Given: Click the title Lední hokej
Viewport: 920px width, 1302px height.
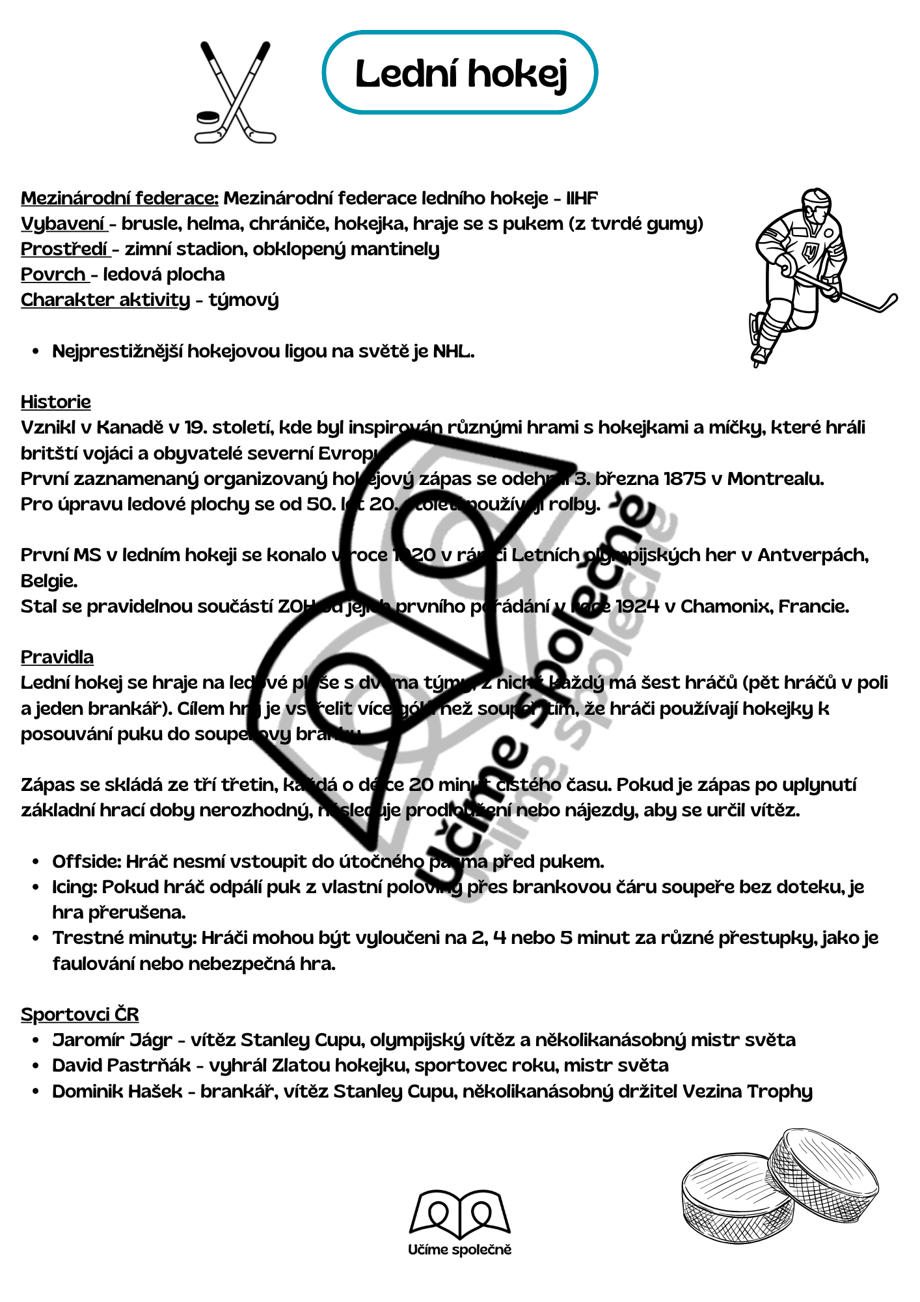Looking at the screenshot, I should point(461,73).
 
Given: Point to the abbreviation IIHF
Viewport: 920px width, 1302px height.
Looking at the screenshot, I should point(582,198).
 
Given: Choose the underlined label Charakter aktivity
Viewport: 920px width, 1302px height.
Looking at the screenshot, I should point(105,300).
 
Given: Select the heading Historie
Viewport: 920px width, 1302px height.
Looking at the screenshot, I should point(56,402).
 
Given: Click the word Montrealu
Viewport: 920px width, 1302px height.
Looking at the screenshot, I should point(775,479).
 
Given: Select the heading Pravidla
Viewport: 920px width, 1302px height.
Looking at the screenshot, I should point(57,658).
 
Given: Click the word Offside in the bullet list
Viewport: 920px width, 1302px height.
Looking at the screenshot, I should point(86,862).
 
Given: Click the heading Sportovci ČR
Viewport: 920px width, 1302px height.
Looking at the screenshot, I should point(79,1015).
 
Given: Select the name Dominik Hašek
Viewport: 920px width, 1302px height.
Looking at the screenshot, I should point(117,1092).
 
